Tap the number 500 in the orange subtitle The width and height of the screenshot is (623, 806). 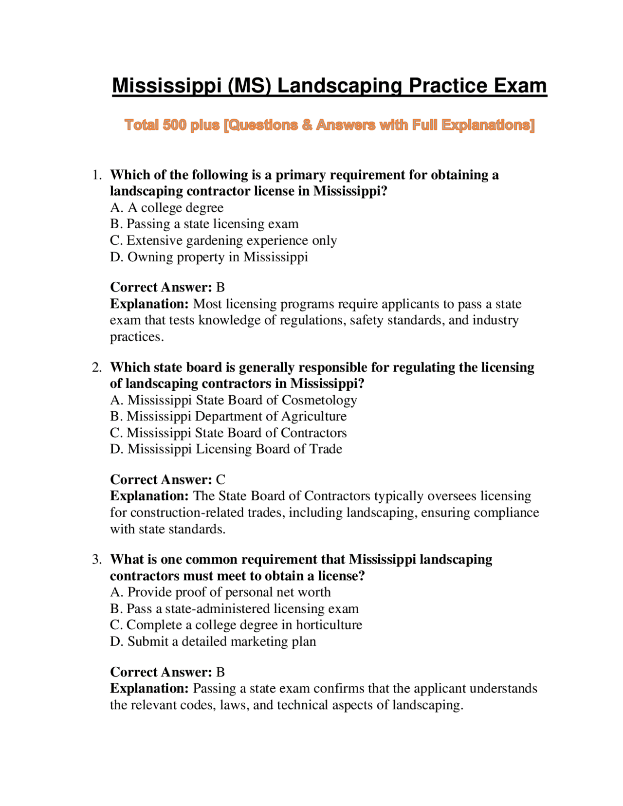point(174,125)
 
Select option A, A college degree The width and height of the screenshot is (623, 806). point(166,208)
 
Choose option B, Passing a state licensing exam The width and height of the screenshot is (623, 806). point(204,224)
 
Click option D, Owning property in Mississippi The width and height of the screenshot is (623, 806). point(209,257)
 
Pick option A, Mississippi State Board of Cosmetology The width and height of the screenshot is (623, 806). point(234,400)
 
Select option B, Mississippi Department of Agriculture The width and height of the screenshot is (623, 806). point(228,417)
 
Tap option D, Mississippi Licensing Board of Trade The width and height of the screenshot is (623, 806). point(226,449)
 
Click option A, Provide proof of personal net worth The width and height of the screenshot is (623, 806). point(220,592)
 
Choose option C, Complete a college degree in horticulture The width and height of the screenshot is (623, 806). point(236,625)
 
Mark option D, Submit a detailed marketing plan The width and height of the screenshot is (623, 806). point(213,641)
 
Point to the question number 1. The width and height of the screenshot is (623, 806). point(97,175)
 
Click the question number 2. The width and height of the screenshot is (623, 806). point(97,367)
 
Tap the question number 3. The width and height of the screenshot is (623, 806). point(97,560)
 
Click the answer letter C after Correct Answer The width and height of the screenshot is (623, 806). point(220,480)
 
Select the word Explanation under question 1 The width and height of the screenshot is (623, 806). point(149,304)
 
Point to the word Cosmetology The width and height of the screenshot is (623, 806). point(319,400)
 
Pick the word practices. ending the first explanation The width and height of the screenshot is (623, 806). point(137,337)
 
